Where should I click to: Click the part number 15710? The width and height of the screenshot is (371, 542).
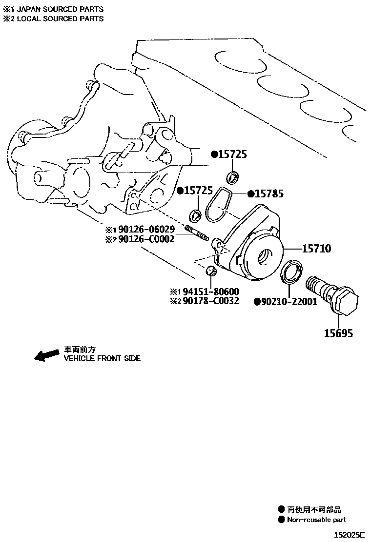tap(316, 249)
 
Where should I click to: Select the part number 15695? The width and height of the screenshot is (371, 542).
tap(338, 333)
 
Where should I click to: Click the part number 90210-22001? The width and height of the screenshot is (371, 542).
tap(289, 302)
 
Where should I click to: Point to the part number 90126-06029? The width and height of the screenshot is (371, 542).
tap(146, 229)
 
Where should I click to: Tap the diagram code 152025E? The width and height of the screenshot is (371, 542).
tap(350, 535)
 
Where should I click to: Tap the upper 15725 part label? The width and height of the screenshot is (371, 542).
tap(232, 155)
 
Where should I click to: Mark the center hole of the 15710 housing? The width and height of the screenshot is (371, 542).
tap(267, 254)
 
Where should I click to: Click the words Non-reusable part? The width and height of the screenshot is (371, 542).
tap(316, 520)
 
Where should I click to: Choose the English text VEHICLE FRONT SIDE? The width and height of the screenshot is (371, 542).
tap(103, 358)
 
